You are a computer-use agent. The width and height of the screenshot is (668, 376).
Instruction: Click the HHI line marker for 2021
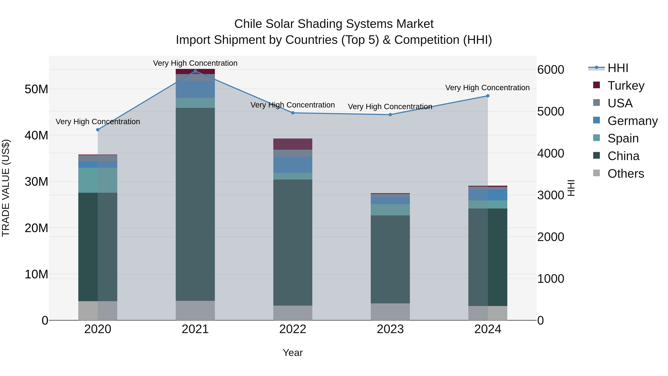pyautogui.click(x=195, y=71)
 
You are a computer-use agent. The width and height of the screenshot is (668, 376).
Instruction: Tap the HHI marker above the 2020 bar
pyautogui.click(x=98, y=130)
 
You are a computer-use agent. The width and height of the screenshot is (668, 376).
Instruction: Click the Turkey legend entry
pyautogui.click(x=626, y=85)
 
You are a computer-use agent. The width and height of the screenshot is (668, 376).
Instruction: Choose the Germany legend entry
pyautogui.click(x=632, y=121)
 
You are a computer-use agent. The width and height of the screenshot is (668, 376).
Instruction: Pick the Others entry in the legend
pyautogui.click(x=626, y=174)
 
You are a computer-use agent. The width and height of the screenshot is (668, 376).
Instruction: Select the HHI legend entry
pyautogui.click(x=618, y=68)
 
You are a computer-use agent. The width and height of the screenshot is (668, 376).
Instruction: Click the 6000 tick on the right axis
pyautogui.click(x=551, y=70)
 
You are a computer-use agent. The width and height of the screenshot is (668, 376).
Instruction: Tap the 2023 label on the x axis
pyautogui.click(x=390, y=329)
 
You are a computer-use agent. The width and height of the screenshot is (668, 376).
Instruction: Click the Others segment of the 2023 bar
pyautogui.click(x=390, y=312)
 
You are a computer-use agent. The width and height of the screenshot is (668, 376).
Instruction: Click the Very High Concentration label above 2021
pyautogui.click(x=195, y=63)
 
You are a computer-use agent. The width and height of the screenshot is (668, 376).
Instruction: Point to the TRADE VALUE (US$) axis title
pyautogui.click(x=6, y=188)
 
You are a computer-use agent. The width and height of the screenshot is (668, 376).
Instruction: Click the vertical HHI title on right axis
pyautogui.click(x=571, y=188)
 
